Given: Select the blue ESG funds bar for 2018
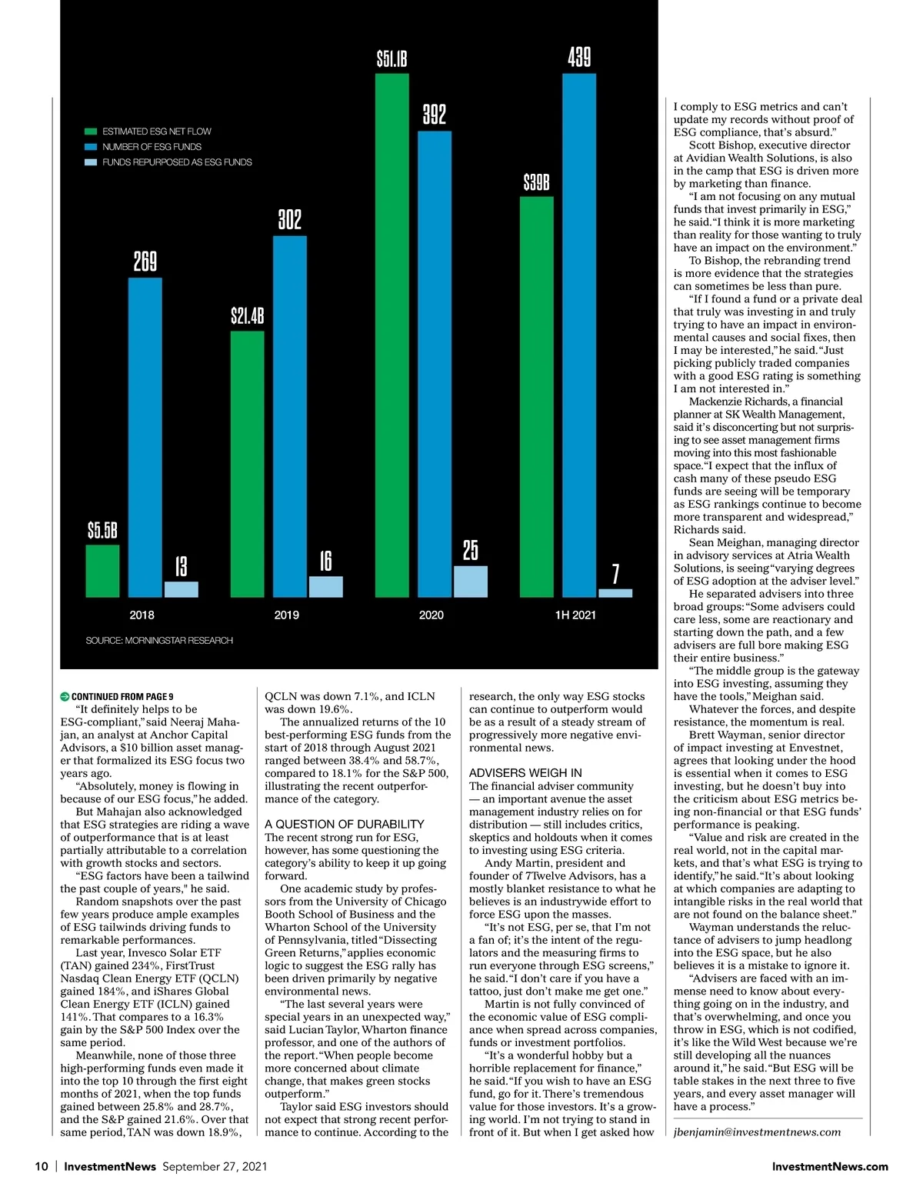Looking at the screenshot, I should (x=145, y=438).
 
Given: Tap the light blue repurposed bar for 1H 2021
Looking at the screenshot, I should (x=615, y=593).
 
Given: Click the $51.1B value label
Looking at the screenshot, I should (x=392, y=59).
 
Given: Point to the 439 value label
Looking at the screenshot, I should (x=579, y=57).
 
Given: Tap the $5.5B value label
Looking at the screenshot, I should (x=102, y=531).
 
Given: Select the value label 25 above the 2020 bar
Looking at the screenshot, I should (x=471, y=550).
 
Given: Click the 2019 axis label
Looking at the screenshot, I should (x=286, y=615).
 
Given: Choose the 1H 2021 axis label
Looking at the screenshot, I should (x=575, y=615).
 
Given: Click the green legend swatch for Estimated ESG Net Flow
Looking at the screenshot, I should (x=91, y=132).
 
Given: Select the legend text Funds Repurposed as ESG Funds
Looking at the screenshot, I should (x=177, y=162).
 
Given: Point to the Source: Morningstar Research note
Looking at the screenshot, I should (x=159, y=640).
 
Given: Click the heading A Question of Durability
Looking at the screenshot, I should (x=344, y=824).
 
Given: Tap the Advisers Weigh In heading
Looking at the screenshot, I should (x=525, y=772).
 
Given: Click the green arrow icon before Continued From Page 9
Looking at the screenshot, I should (x=65, y=696).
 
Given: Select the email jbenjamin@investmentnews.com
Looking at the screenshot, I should (x=757, y=1132).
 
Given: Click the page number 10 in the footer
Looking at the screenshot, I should (x=42, y=1166).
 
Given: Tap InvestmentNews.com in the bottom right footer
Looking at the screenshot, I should (x=830, y=1166).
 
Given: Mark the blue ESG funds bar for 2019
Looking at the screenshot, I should (x=290, y=416).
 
